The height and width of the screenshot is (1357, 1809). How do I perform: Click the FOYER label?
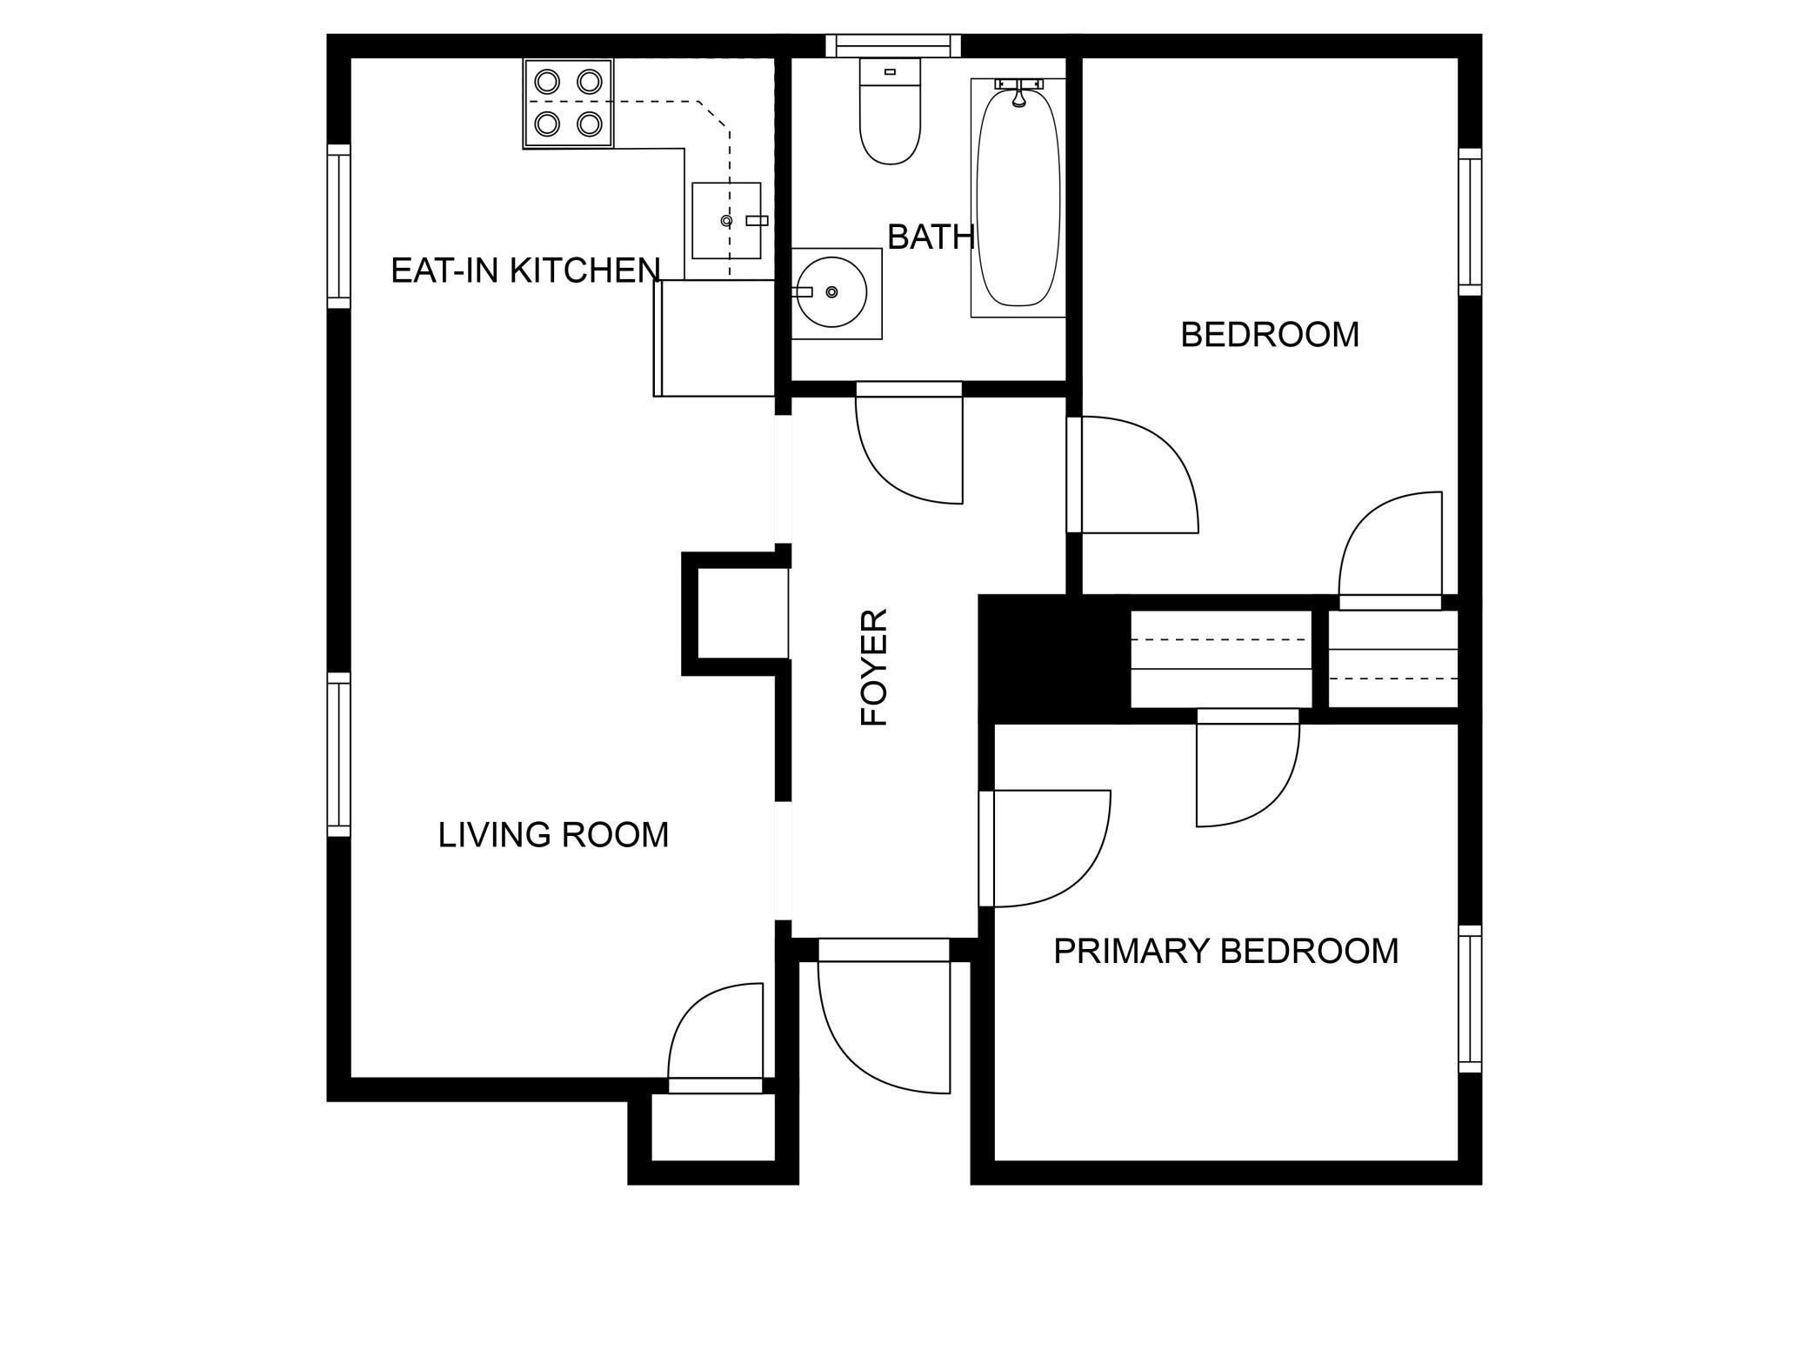(874, 667)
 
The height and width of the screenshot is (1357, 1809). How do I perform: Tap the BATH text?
(930, 237)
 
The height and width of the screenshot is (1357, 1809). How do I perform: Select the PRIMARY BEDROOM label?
(1225, 951)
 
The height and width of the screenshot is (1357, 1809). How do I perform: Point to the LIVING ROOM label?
(553, 835)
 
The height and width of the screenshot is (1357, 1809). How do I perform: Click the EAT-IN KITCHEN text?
(525, 271)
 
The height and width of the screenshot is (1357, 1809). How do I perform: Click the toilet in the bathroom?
(890, 113)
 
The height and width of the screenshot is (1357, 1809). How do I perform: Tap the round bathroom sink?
(830, 292)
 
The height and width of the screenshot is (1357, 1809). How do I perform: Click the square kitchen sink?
(726, 221)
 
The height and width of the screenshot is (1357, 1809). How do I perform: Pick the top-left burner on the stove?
(547, 82)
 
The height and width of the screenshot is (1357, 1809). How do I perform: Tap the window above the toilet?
(893, 45)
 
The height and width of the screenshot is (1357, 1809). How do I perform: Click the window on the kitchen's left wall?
(338, 226)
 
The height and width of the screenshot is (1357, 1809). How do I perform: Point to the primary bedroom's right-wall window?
(1469, 999)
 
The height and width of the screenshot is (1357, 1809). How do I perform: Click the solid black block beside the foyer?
(1048, 658)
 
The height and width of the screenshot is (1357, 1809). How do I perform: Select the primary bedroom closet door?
(1247, 770)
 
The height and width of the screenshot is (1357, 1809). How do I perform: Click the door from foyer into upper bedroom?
(1131, 475)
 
